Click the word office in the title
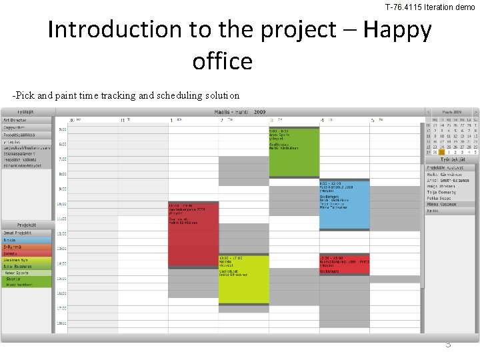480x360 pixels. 222,61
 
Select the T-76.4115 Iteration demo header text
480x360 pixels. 429,7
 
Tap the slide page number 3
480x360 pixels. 448,344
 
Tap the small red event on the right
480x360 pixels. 344,264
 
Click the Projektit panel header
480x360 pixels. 27,225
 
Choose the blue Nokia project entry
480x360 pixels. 27,240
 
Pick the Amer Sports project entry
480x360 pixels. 27,272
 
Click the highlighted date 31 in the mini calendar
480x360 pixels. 441,152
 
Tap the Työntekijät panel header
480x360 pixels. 451,160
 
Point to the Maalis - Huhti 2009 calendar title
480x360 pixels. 240,112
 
